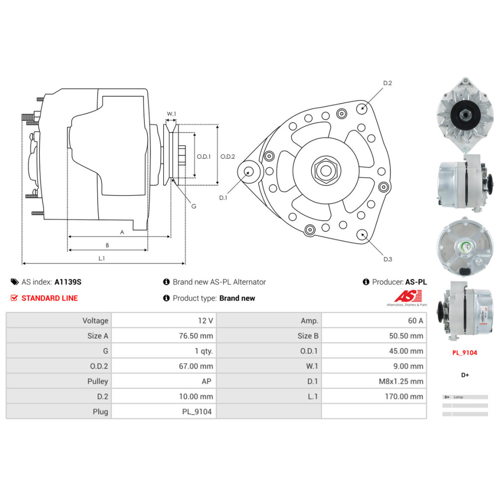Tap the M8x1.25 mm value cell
(x=401, y=381)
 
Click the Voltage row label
(x=95, y=321)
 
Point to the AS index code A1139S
(x=68, y=282)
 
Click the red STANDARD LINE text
(x=49, y=298)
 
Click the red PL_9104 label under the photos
(x=465, y=353)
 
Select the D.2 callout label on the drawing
(x=387, y=84)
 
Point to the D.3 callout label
(x=387, y=259)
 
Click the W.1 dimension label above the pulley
(x=171, y=114)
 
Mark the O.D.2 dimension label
(x=228, y=156)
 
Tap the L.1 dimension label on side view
(x=101, y=258)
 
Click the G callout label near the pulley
(x=194, y=206)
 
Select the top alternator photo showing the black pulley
(x=464, y=116)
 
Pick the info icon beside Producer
(x=366, y=282)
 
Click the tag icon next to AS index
(x=14, y=282)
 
